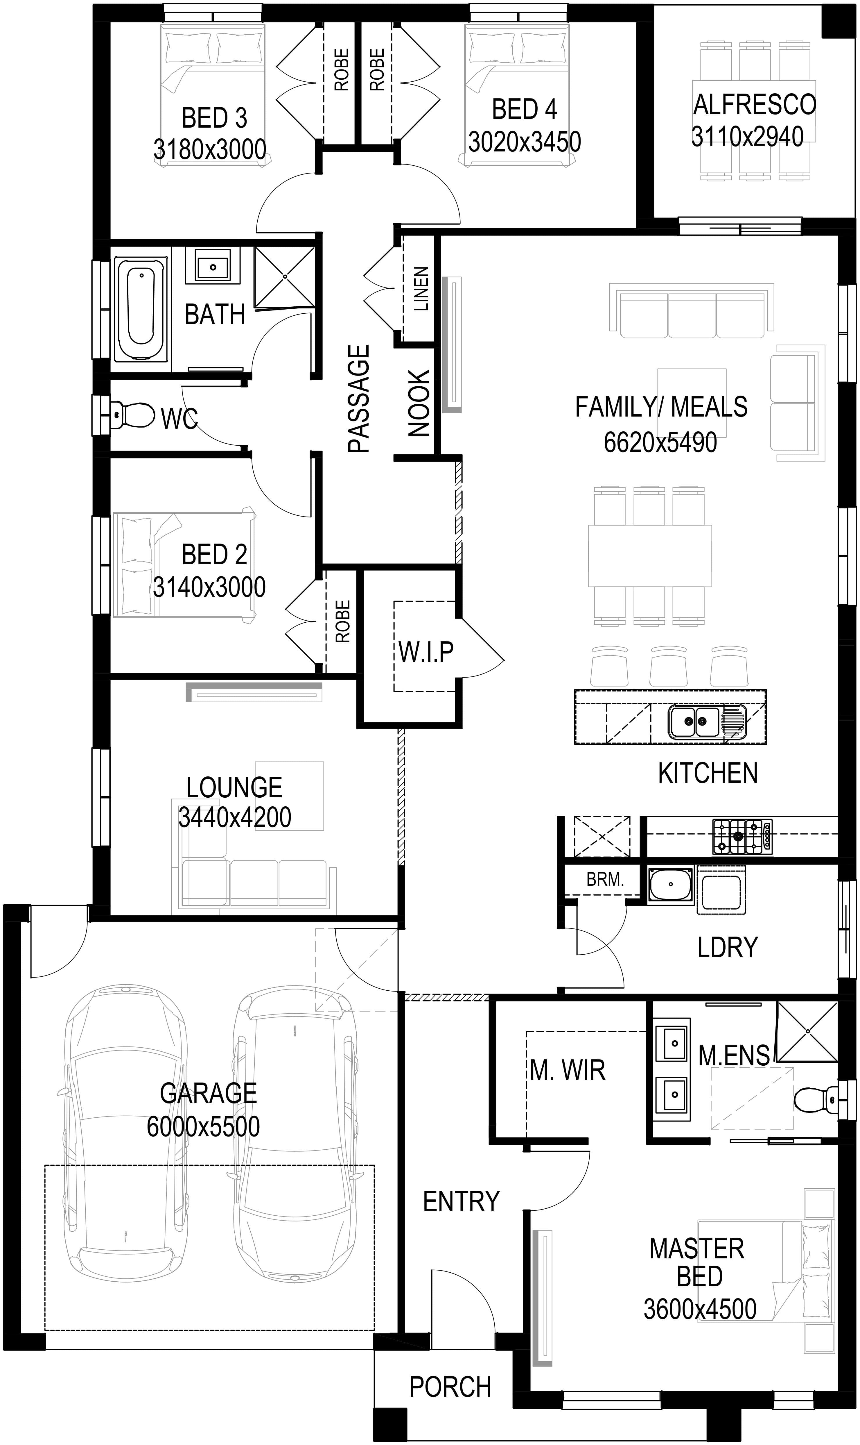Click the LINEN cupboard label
(x=421, y=289)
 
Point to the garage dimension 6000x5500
(x=203, y=1127)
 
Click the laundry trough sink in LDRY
(x=671, y=884)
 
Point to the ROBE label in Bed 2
(x=343, y=621)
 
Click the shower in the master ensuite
(x=807, y=1031)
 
